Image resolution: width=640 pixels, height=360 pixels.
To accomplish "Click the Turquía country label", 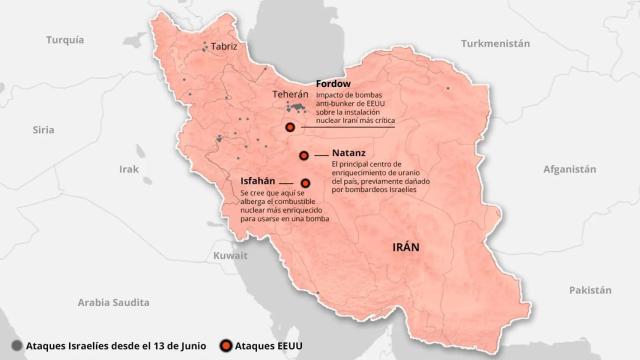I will click(67, 40).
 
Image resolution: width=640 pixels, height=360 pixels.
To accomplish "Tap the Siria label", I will click(43, 130).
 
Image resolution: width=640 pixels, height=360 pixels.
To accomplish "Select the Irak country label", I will click(129, 169).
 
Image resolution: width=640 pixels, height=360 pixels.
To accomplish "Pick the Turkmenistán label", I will click(494, 44).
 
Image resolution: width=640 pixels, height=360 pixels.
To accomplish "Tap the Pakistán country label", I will click(589, 289).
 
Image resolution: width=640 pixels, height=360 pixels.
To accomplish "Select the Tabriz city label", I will click(224, 47).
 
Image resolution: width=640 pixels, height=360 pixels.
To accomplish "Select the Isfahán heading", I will click(258, 180).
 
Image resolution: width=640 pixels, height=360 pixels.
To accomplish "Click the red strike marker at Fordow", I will click(290, 127).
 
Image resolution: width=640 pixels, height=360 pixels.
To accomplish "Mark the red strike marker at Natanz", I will click(305, 154).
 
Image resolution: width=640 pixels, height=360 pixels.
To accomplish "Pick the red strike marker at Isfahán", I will click(305, 182).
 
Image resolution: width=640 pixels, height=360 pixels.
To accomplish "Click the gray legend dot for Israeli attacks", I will click(16, 346).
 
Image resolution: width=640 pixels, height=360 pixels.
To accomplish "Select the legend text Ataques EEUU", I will click(270, 346).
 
